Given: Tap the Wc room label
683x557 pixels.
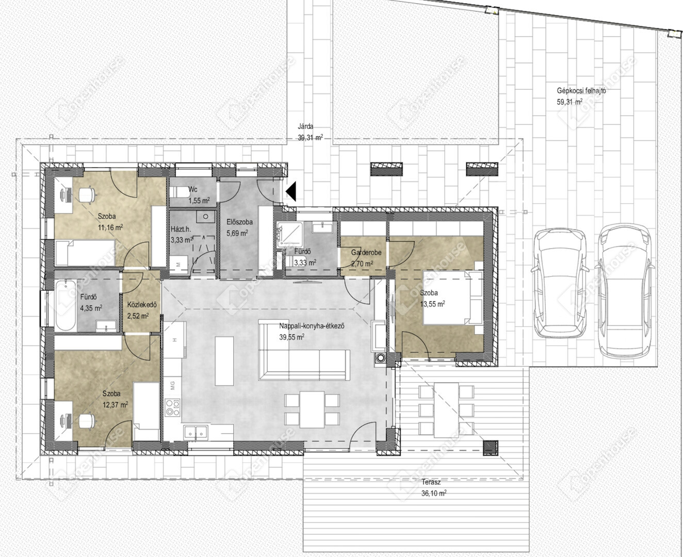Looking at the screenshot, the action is tap(193, 189).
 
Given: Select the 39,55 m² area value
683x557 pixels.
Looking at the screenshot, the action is tap(291, 337).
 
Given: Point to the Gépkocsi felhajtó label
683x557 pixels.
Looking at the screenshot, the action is tap(581, 91).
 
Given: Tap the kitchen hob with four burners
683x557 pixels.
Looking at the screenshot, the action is tap(173, 408).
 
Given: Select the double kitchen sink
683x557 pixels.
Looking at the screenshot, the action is tap(196, 433).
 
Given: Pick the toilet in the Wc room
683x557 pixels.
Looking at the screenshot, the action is tap(179, 192).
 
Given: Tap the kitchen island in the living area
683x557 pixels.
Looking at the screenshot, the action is tap(224, 361).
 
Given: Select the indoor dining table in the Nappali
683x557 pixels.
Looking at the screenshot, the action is tap(312, 409).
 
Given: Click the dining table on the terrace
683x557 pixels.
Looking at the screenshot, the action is tap(446, 409).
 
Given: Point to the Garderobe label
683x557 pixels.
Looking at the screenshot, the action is tap(366, 253).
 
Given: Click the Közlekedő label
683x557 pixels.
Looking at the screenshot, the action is tap(142, 305).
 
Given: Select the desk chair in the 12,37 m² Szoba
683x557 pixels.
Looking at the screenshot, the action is tap(87, 421).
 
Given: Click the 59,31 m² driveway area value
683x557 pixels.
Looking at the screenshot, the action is tap(570, 102).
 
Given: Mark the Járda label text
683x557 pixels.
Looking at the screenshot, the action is tap(305, 127).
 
